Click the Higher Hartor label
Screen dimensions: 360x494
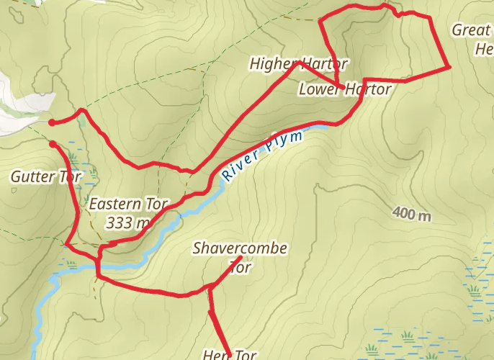pos(299,64)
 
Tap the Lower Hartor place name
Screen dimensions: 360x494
pos(344,89)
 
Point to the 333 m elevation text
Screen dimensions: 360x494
pos(128,222)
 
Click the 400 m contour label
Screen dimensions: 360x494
pos(412,214)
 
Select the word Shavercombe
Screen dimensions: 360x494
pos(240,249)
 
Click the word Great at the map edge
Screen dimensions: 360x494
pos(471,30)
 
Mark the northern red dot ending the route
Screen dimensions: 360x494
pos(52,122)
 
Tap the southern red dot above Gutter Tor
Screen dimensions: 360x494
pos(53,145)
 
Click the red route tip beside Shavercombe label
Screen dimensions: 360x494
pos(241,258)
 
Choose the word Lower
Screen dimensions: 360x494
pos(319,89)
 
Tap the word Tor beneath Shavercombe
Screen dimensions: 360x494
pos(240,267)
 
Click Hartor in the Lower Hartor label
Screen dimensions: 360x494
pos(367,89)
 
